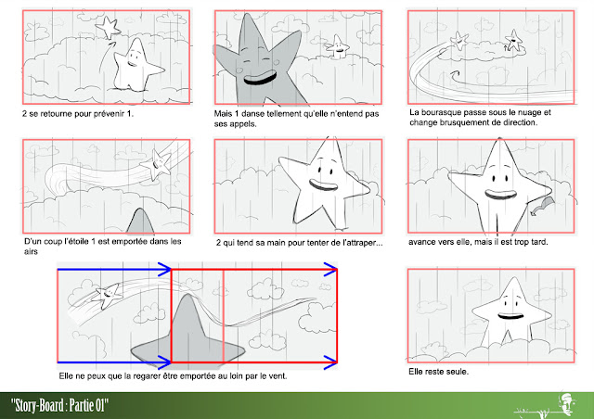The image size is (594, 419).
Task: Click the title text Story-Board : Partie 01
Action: [59, 405]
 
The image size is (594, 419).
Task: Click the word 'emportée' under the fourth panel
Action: [129, 242]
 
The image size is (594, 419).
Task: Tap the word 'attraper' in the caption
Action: [364, 243]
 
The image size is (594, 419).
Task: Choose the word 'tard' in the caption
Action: [539, 242]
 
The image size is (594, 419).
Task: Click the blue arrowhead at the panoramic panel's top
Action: [165, 269]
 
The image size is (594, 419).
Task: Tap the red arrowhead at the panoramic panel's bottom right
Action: [330, 362]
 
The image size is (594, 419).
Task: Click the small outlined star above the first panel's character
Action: [109, 27]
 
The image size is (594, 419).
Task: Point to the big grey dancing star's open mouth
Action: [260, 78]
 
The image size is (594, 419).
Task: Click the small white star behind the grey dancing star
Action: [337, 47]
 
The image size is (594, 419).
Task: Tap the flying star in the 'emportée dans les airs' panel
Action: [156, 164]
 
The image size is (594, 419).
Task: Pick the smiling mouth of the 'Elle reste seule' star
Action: [510, 315]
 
